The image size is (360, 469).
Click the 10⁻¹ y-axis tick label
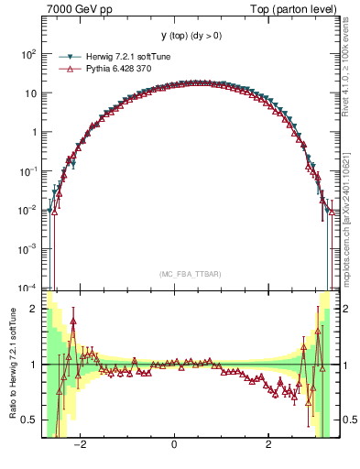pyautogui.click(x=28, y=170)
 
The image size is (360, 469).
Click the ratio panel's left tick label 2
pyautogui.click(x=34, y=309)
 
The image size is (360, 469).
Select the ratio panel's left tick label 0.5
pyautogui.click(x=30, y=420)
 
